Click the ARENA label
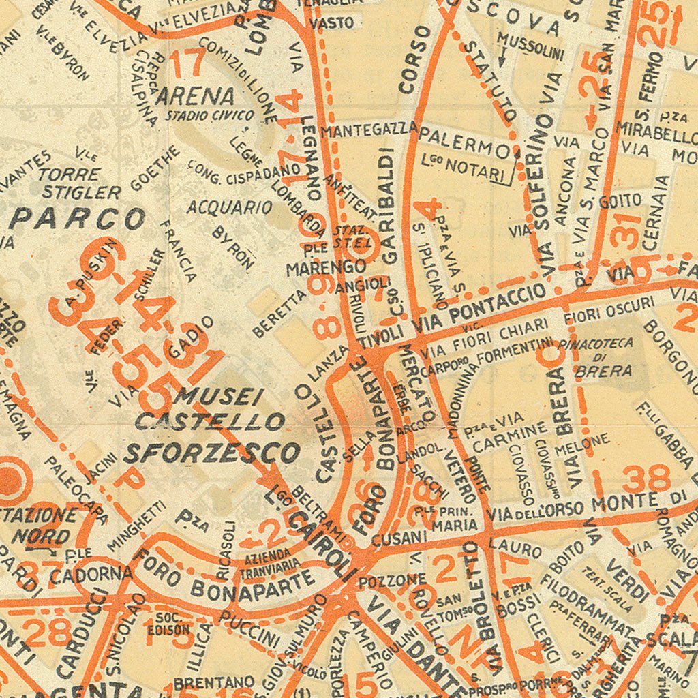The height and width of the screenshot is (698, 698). [x=196, y=95]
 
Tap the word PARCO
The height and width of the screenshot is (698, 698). [x=78, y=219]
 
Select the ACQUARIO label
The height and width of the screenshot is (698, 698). [x=230, y=207]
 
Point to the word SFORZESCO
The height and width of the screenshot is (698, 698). [x=212, y=452]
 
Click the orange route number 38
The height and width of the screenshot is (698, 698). [x=646, y=480]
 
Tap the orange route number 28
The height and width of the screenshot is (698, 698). [x=46, y=632]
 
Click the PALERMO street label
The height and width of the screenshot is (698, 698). [x=464, y=141]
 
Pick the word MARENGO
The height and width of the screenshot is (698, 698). [x=326, y=267]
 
